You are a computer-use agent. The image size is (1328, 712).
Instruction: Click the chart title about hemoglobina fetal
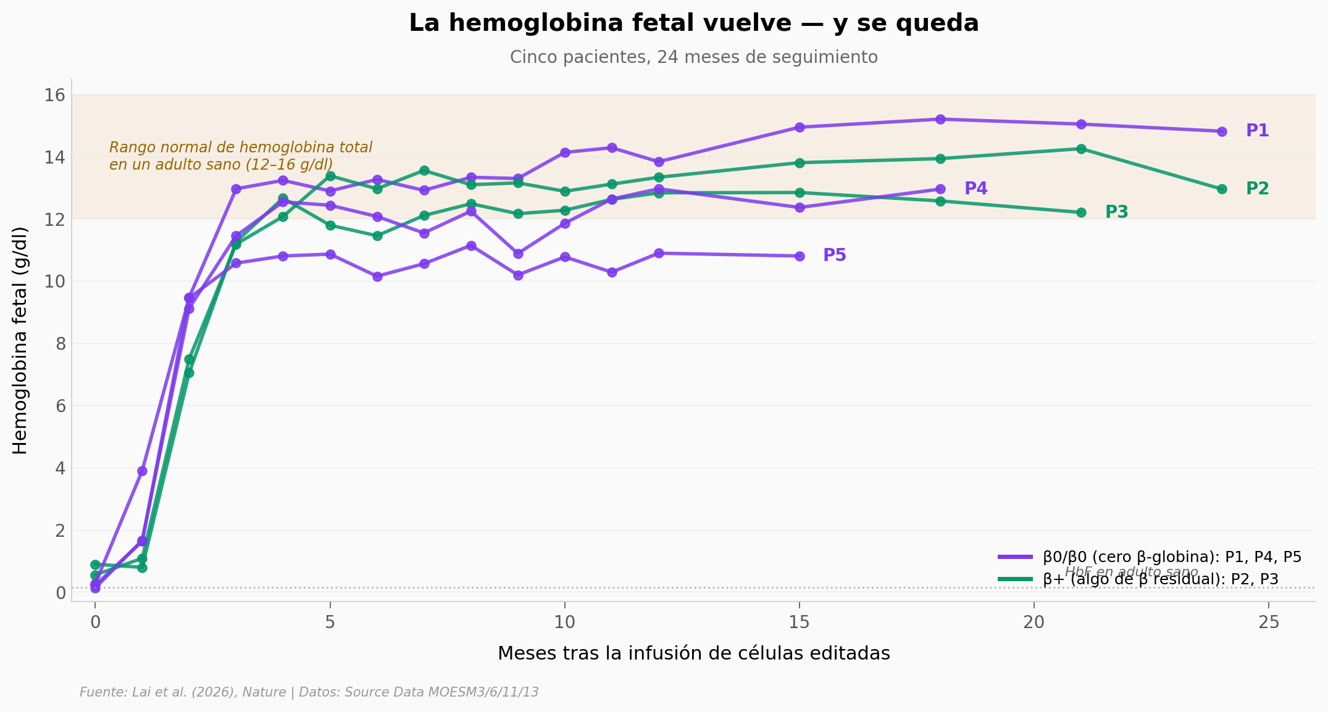[693, 23]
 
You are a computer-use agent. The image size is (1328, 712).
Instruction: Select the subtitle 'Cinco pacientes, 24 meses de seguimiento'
[693, 57]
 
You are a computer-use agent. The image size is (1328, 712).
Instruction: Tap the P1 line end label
[1257, 131]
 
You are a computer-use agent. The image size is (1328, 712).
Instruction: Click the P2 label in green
[1257, 189]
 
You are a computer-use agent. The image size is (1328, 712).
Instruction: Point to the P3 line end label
[1116, 212]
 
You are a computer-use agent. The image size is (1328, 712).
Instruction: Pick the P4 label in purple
[975, 189]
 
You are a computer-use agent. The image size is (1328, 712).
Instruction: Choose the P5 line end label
[834, 255]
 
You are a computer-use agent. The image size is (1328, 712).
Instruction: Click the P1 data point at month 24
[1221, 131]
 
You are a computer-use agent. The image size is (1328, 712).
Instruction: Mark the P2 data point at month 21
[1080, 149]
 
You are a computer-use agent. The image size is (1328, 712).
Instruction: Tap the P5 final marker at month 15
[800, 256]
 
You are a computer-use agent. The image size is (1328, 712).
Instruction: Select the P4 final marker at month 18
[940, 189]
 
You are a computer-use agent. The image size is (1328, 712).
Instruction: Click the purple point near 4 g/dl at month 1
[142, 471]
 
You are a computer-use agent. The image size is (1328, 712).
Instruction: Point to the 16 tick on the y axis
[55, 95]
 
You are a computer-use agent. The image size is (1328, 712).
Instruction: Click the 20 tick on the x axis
[1034, 623]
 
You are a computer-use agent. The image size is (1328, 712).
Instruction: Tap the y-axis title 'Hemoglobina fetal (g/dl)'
[20, 341]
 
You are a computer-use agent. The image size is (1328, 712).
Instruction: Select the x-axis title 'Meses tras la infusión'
[693, 653]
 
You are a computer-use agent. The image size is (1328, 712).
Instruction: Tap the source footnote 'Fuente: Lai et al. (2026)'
[309, 692]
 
